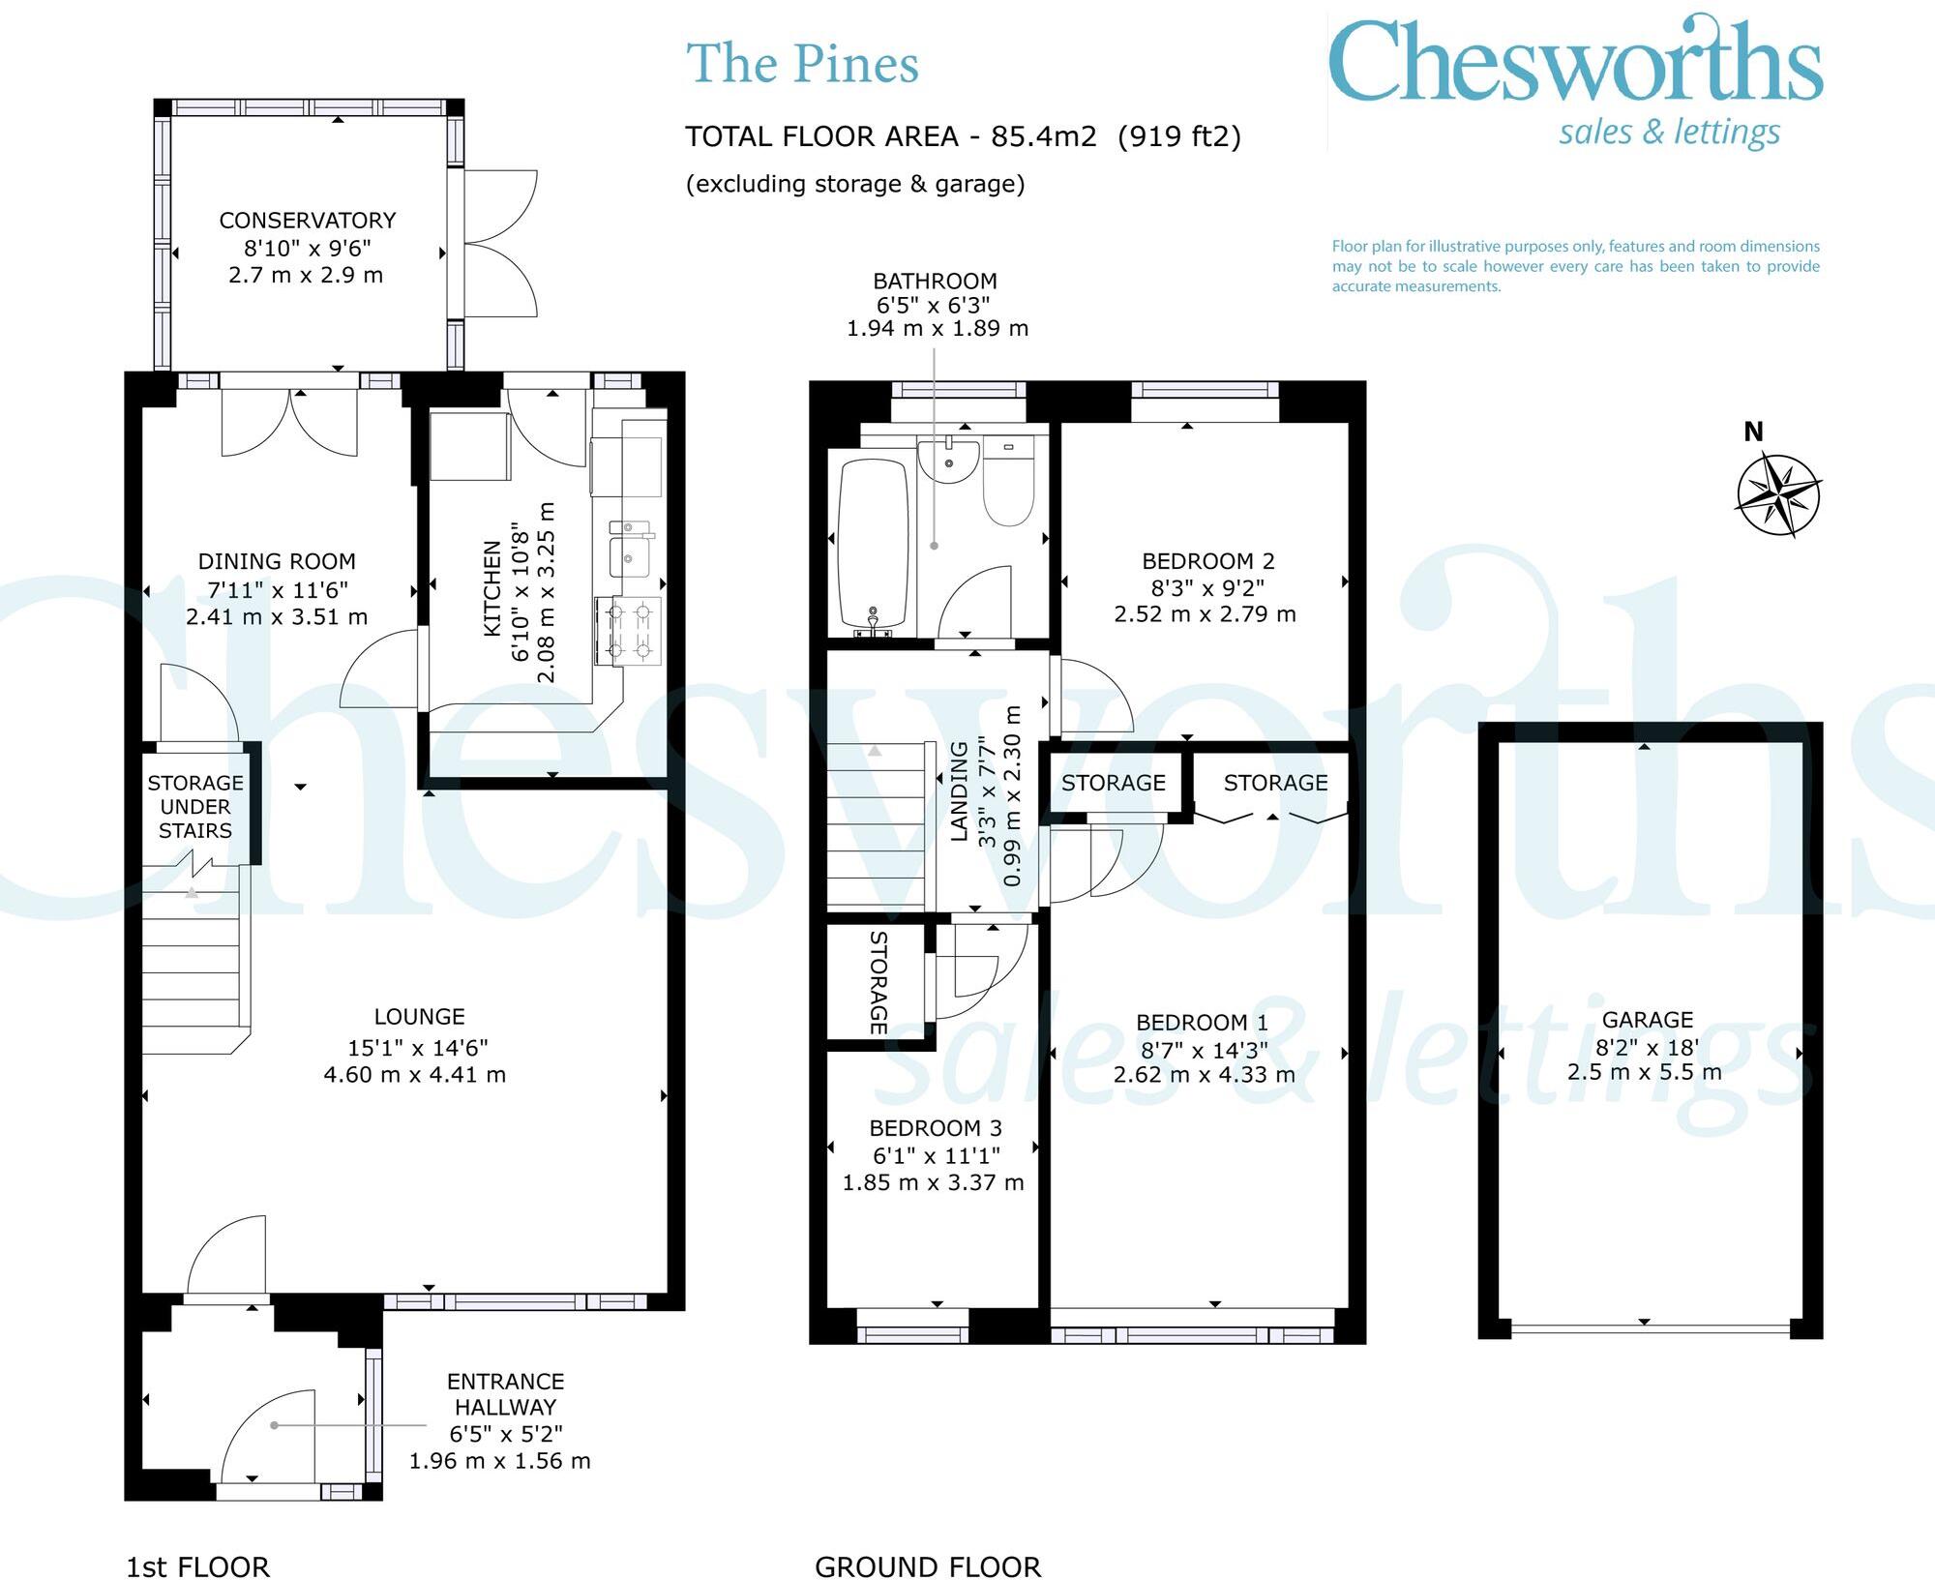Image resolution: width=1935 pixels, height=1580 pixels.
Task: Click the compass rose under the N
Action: [x=1778, y=495]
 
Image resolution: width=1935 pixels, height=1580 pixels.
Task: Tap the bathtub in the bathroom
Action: [x=872, y=544]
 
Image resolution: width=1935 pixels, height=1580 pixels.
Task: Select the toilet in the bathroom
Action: [x=1008, y=481]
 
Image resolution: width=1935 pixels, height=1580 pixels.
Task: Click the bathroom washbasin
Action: [x=949, y=460]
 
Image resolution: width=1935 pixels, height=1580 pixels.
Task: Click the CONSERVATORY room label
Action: [x=308, y=221]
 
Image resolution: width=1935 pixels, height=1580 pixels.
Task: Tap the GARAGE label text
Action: [x=1647, y=1020]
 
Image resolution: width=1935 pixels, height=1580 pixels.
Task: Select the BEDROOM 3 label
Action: [x=935, y=1128]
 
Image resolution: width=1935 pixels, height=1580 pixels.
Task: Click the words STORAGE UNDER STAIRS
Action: [x=195, y=807]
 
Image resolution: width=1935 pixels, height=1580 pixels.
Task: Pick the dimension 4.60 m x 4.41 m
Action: [x=414, y=1075]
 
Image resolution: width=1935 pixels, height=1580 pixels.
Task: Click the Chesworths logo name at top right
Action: [x=1575, y=63]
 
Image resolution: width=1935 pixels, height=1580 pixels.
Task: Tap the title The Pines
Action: [x=802, y=65]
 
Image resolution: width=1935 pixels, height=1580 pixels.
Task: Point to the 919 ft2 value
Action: [x=1178, y=137]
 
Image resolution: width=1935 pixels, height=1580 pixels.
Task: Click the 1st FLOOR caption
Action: [x=197, y=1566]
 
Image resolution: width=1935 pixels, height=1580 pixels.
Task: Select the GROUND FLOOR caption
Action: [x=927, y=1566]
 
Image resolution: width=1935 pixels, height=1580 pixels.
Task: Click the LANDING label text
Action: [x=959, y=791]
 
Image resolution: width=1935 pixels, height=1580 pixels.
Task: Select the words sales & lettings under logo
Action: [x=1669, y=133]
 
